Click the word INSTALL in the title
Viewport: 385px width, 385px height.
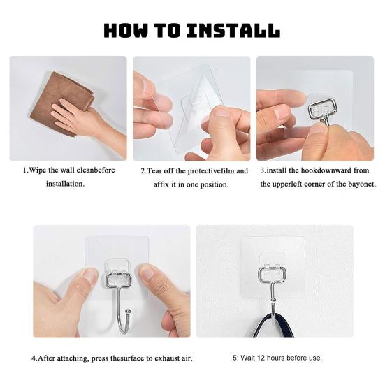[233, 31]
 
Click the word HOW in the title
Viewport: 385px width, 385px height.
[126, 31]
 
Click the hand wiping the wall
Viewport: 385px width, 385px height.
[86, 118]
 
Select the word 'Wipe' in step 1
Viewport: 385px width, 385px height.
[38, 170]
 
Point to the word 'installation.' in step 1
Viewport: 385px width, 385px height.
[65, 184]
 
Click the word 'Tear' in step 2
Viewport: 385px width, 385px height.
[154, 171]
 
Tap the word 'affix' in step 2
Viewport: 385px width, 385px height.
[161, 184]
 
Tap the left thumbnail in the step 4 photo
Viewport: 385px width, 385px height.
[90, 275]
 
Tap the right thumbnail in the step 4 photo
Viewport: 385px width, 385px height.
[147, 272]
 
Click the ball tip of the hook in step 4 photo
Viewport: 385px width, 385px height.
[128, 312]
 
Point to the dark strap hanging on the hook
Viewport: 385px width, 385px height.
[274, 325]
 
